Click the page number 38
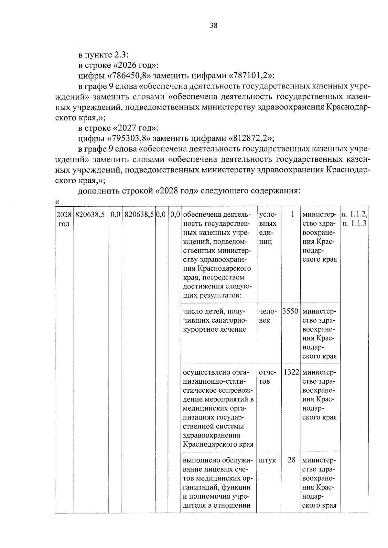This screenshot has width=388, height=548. tap(213, 26)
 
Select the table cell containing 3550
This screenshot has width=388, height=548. tap(290, 312)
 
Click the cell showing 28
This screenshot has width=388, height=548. tap(291, 460)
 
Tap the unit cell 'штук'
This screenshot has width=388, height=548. tap(267, 460)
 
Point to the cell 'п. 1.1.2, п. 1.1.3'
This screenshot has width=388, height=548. tap(354, 219)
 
